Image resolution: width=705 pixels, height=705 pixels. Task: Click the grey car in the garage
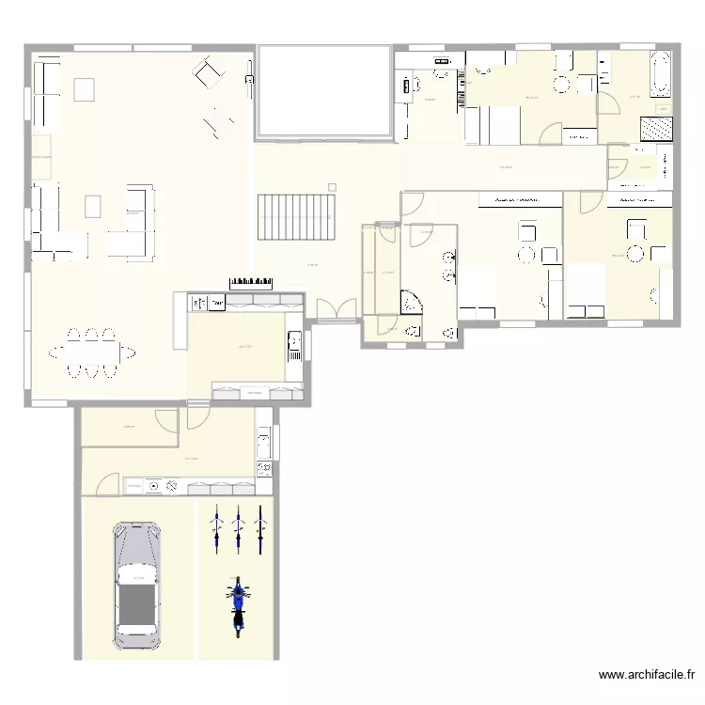coord(137,585)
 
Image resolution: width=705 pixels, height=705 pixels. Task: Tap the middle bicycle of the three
coord(238,528)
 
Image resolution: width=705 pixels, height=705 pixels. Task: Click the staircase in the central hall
coord(297,217)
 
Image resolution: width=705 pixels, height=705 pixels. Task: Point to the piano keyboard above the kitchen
coord(250,281)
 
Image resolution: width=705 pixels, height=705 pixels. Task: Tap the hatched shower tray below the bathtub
coord(655,128)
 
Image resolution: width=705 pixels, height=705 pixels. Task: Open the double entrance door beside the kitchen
coord(337,309)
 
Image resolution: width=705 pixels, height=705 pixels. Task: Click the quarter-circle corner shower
coord(412,301)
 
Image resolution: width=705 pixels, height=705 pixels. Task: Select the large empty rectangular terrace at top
coord(323,90)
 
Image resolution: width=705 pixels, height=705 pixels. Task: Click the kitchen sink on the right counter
coord(293,344)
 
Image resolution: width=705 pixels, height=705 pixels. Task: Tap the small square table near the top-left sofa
coord(85,89)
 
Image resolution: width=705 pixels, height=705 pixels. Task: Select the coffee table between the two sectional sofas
coord(93,205)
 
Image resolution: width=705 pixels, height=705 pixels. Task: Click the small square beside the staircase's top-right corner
coord(332,186)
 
